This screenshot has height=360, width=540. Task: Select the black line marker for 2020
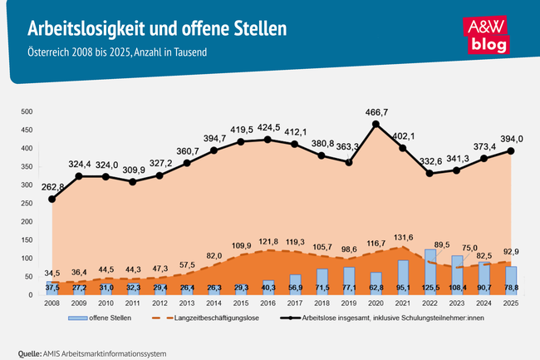[x=376, y=125]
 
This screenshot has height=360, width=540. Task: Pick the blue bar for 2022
[x=430, y=272]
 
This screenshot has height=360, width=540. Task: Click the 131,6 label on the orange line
[x=401, y=236]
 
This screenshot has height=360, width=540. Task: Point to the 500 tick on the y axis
[x=26, y=111]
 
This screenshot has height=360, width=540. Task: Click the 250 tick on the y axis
[x=26, y=204]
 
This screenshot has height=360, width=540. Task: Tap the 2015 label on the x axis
[x=241, y=304]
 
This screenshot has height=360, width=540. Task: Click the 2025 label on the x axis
[x=510, y=304]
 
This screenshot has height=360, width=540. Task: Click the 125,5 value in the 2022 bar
[x=430, y=288]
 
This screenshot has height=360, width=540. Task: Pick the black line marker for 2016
[x=268, y=140]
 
